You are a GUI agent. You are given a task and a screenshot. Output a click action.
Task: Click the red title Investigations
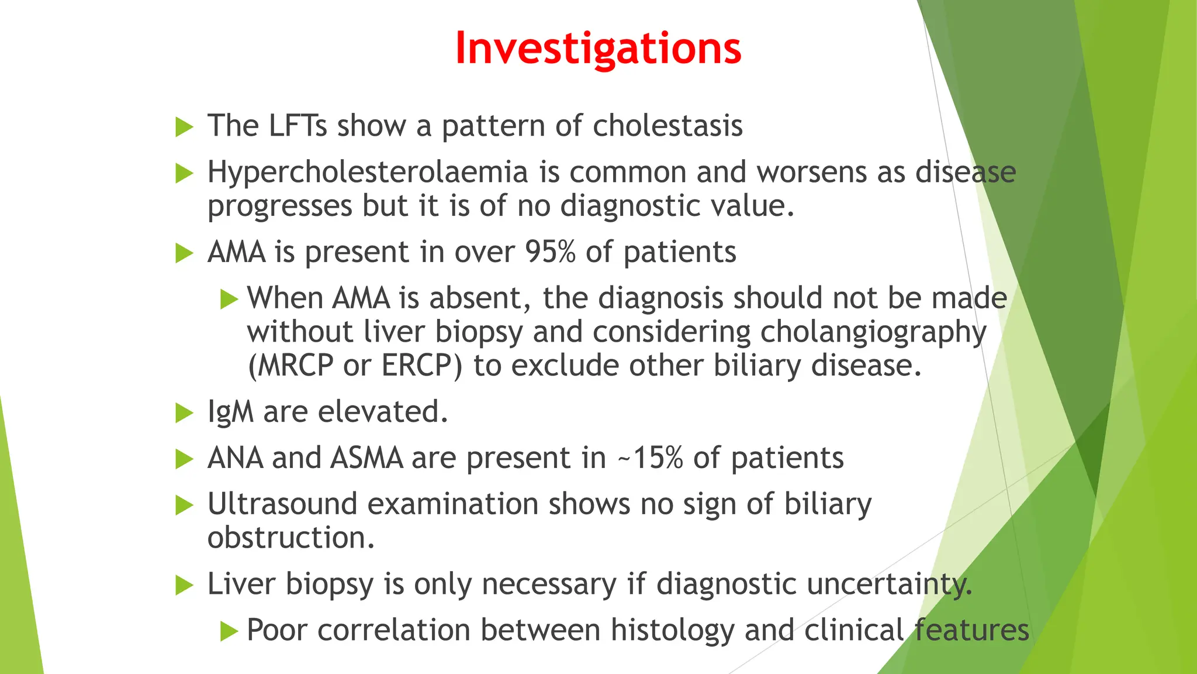(x=598, y=48)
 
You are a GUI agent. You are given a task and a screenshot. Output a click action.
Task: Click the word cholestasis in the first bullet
(x=667, y=126)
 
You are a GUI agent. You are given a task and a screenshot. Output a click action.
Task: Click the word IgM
(x=230, y=412)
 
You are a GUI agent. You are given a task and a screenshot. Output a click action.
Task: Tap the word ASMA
(x=366, y=458)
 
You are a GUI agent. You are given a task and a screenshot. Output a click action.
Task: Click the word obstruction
(x=290, y=538)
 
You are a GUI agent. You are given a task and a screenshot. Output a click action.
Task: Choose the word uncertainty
(x=888, y=584)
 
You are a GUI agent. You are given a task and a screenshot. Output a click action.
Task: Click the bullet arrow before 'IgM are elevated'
(x=184, y=413)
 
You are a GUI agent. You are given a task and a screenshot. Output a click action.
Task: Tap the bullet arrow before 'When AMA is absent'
(x=229, y=300)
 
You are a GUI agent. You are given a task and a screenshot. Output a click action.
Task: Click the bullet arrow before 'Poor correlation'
(x=229, y=631)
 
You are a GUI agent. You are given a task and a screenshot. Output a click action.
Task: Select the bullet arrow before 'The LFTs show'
(x=184, y=127)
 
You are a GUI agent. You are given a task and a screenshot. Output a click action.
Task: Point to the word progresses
(x=279, y=207)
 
